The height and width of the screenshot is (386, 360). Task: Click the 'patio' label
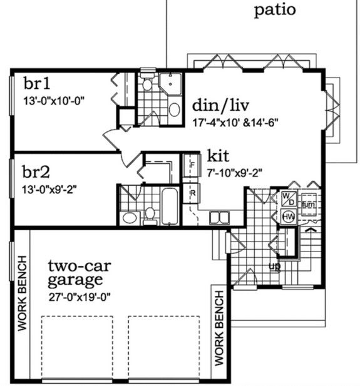point(275,10)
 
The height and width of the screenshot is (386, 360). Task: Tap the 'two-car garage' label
point(75,272)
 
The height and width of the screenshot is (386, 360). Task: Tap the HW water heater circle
point(289,217)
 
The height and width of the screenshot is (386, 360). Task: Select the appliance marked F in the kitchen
point(192,165)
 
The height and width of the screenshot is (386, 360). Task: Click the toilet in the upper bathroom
point(147,84)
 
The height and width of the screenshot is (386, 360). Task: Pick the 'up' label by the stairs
point(274,266)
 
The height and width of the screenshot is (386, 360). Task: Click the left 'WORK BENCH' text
point(22,293)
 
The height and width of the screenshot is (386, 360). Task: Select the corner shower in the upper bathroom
point(170,84)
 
